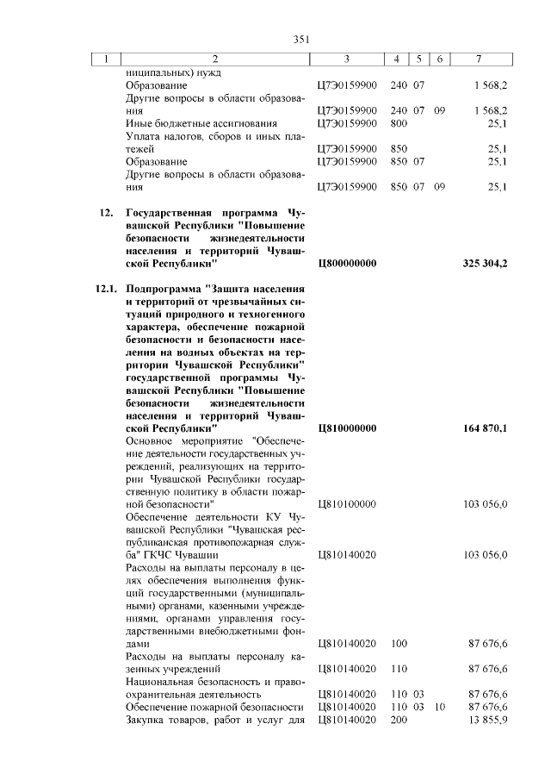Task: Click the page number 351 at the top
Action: coord(301,39)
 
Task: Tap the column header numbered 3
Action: coord(345,59)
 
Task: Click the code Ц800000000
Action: coord(348,263)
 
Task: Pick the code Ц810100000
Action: coord(348,502)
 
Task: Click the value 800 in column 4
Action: coord(399,123)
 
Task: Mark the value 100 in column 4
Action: coord(399,644)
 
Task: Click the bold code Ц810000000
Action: coord(348,427)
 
